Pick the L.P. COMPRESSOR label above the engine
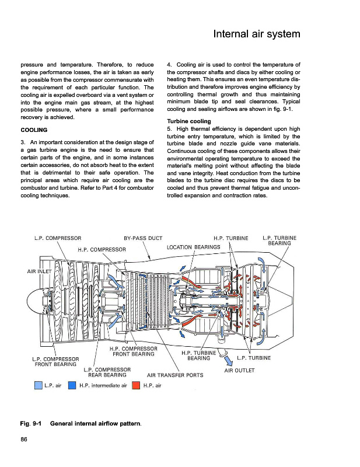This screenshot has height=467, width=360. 58,238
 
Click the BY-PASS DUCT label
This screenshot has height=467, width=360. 143,238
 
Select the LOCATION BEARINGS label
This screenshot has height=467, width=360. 194,248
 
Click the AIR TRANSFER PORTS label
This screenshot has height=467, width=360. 175,375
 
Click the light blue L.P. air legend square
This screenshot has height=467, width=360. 39,385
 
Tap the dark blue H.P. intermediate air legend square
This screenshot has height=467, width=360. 72,385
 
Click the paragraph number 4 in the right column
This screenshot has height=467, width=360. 169,64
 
